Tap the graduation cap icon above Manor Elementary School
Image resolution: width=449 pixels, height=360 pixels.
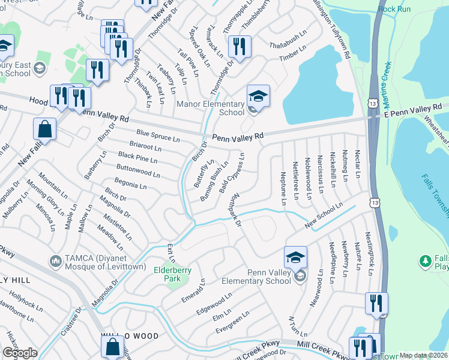pos(258,96)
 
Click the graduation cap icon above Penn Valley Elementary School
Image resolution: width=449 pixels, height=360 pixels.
pos(295,257)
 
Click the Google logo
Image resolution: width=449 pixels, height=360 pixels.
pos(20,353)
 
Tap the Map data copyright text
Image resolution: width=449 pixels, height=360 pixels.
pos(424,355)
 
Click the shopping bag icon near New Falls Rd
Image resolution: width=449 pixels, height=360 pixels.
pos(45,128)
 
